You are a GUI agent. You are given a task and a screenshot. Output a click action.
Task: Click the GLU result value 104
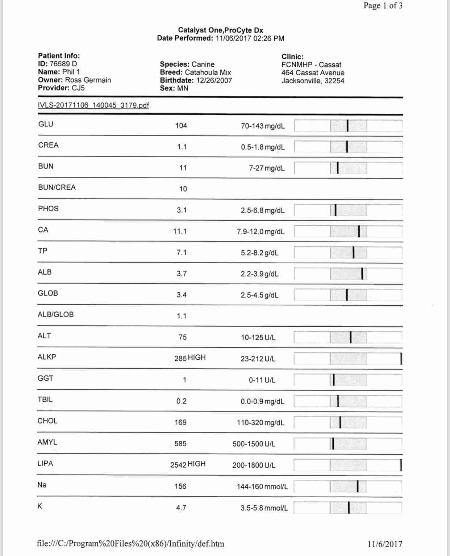click(181, 126)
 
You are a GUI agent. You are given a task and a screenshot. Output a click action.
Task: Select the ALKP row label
click(47, 357)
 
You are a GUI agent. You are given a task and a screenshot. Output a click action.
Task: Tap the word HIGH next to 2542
click(196, 464)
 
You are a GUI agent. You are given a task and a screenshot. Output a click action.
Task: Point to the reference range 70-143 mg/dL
click(263, 126)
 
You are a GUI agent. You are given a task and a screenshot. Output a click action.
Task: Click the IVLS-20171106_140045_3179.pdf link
click(93, 105)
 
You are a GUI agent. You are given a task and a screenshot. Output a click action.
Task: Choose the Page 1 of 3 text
click(383, 6)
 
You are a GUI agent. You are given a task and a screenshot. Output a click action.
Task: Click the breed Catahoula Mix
click(208, 72)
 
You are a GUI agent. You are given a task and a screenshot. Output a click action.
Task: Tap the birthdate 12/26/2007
click(214, 80)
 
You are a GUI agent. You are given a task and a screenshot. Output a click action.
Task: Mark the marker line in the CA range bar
click(359, 231)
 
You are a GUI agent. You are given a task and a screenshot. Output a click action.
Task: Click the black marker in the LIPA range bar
click(401, 465)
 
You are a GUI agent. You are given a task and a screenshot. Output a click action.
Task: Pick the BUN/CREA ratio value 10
click(183, 189)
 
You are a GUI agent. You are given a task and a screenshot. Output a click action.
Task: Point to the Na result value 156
click(180, 486)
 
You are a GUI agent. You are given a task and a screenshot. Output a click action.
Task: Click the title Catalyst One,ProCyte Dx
click(220, 30)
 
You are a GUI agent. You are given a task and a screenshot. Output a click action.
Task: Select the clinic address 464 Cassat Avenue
click(313, 73)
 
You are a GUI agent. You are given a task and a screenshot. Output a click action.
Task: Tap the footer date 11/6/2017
click(385, 544)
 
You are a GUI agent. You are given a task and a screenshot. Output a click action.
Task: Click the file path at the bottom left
click(130, 544)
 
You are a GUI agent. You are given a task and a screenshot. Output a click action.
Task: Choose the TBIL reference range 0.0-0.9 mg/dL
click(262, 401)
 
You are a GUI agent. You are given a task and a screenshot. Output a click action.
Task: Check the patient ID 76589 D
click(63, 64)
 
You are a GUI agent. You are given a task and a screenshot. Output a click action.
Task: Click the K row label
click(40, 506)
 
